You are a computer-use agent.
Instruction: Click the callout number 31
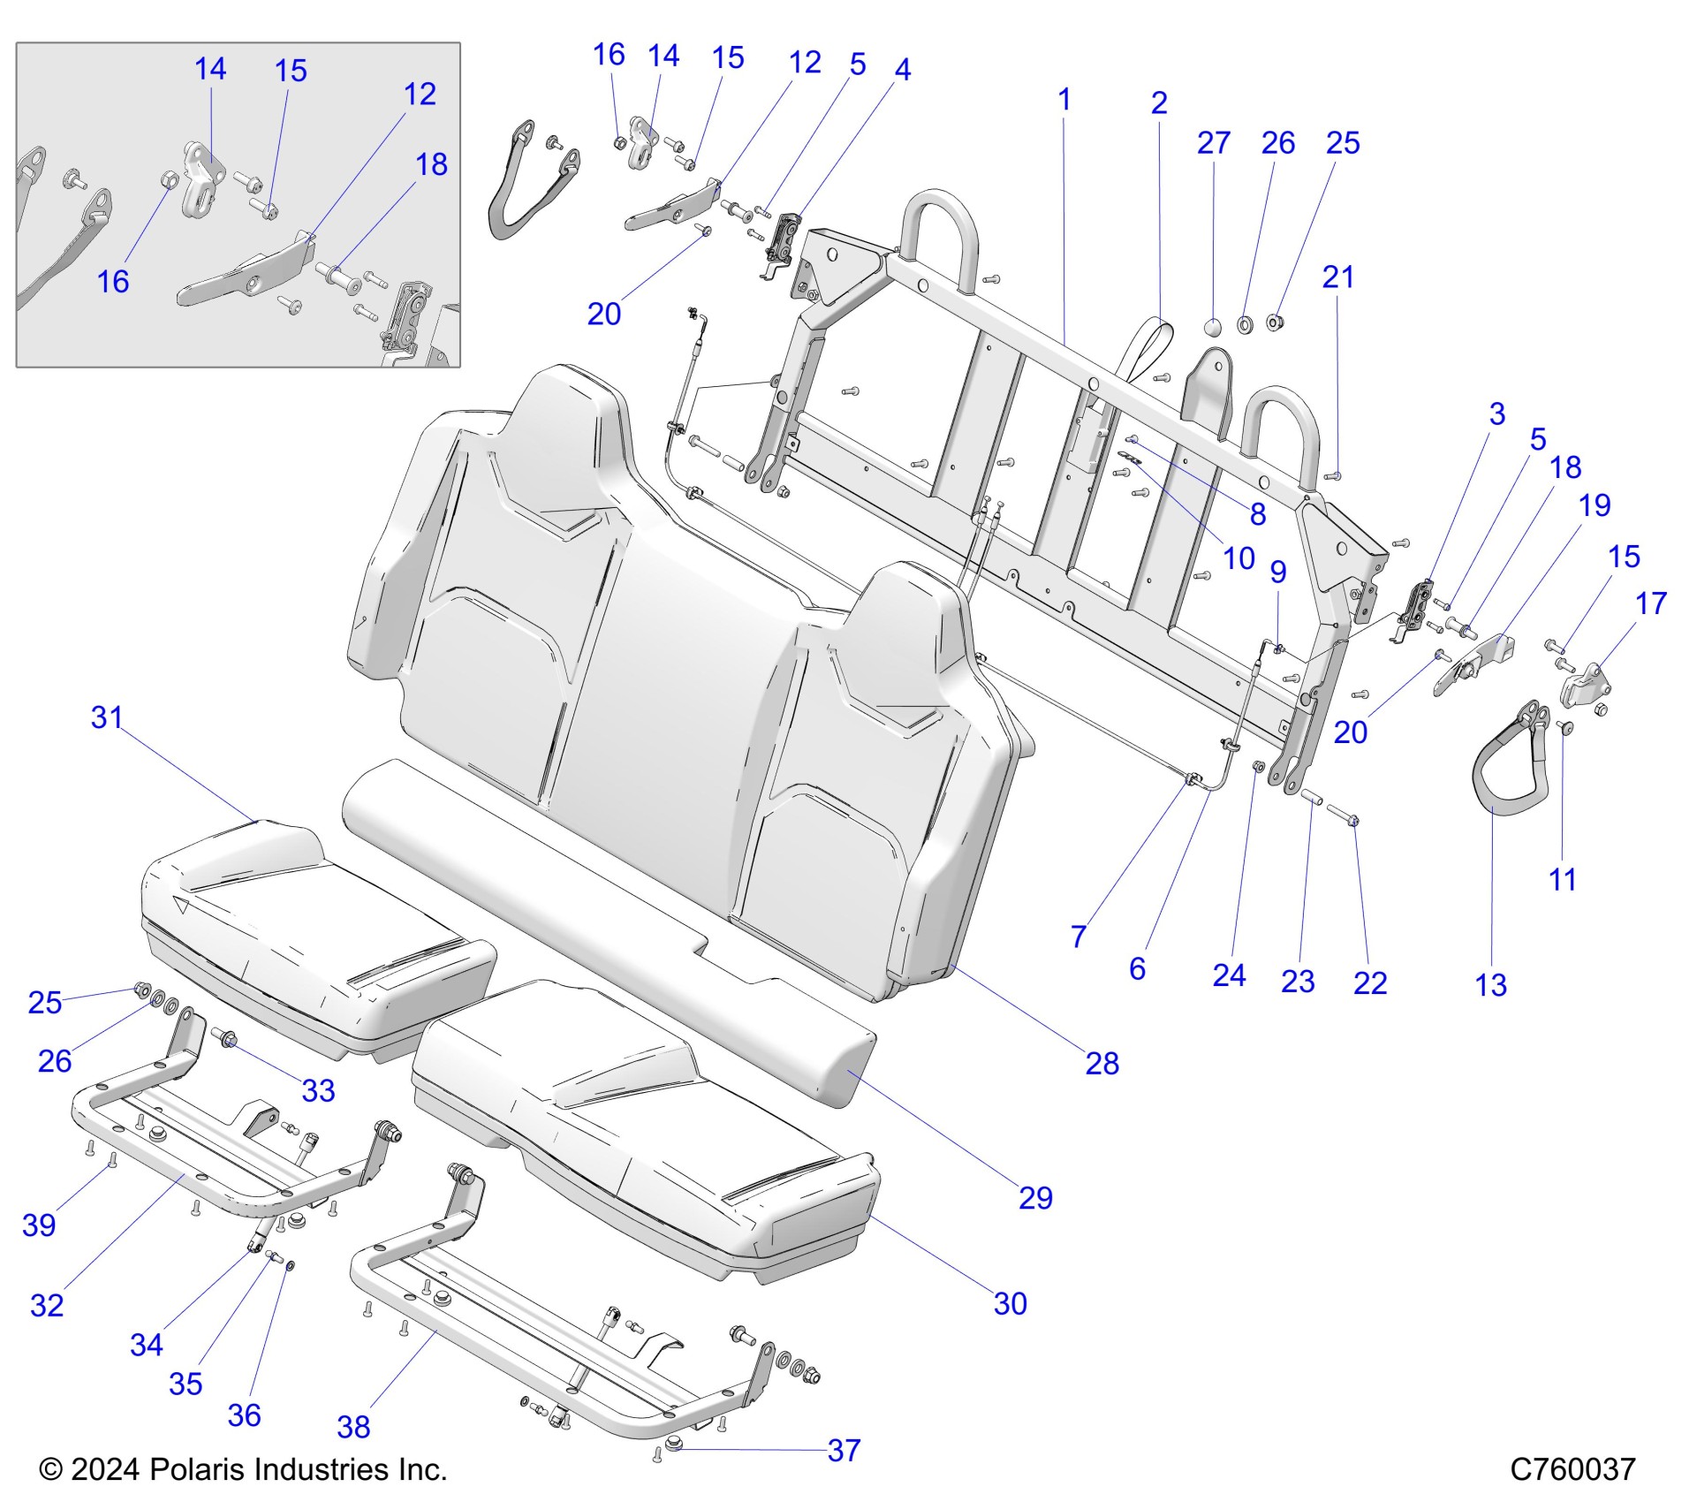coord(107,717)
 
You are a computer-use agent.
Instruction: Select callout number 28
coord(1102,1063)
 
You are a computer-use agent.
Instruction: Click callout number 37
coord(844,1450)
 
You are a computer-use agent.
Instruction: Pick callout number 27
coord(1213,142)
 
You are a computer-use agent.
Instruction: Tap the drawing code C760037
coord(1572,1469)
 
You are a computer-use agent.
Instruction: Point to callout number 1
coord(1064,99)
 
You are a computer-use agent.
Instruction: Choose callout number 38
coord(353,1426)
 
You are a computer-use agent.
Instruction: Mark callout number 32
coord(47,1305)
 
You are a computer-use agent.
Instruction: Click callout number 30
coord(1010,1303)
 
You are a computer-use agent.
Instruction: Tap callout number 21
coord(1337,277)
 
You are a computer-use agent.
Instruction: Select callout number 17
coord(1650,603)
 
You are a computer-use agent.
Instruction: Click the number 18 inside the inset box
coord(431,163)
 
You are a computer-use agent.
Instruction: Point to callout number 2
coord(1159,102)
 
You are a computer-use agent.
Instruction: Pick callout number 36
coord(244,1415)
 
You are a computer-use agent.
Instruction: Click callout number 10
coord(1238,558)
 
